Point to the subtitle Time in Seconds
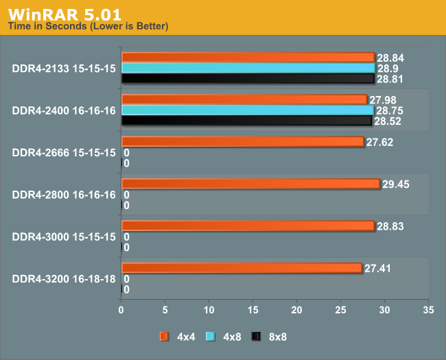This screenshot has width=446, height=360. [x=87, y=26]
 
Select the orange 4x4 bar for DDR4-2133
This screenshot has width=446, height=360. [x=248, y=57]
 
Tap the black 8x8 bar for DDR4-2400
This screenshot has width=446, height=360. [x=246, y=121]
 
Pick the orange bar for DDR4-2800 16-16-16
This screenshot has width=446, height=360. [x=250, y=183]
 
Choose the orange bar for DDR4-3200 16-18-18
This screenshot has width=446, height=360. [x=242, y=267]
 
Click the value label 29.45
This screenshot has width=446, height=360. [x=396, y=184]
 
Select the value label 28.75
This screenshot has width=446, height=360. [x=390, y=110]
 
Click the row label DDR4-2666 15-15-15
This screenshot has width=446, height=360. [x=63, y=152]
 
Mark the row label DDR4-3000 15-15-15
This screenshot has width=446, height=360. [x=63, y=237]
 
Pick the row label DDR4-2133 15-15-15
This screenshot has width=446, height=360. [x=63, y=68]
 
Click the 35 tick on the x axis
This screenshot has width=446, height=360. [x=428, y=310]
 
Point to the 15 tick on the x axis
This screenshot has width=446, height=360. [x=253, y=310]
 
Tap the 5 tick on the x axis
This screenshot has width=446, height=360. [x=165, y=310]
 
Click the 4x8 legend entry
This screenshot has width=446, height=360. [x=221, y=336]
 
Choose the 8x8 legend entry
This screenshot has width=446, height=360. [x=268, y=336]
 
